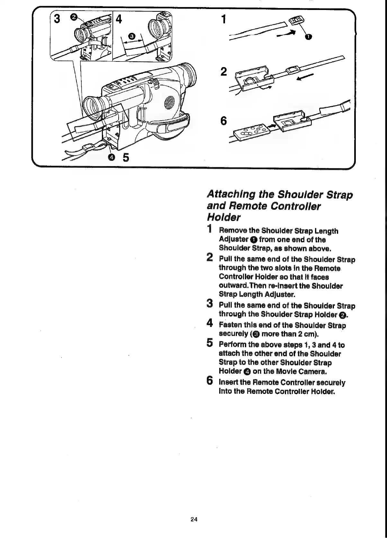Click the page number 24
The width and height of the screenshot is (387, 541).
194,519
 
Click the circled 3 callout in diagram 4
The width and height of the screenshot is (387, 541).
132,36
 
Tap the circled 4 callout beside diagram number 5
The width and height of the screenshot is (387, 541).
112,157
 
